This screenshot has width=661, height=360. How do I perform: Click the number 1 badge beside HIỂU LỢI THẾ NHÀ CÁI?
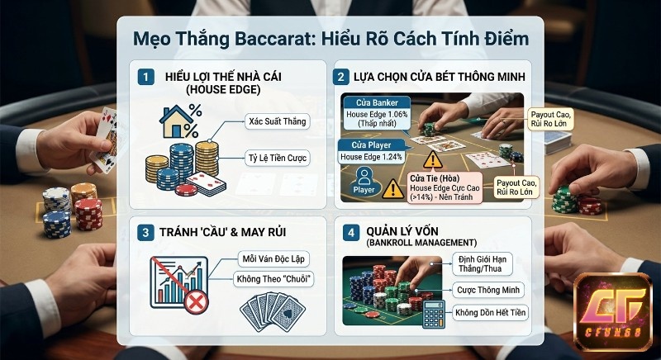click(x=146, y=77)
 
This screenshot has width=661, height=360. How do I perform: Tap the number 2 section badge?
click(x=340, y=77)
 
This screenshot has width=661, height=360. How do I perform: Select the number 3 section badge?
click(x=146, y=232)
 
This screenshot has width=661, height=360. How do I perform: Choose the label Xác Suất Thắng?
click(x=277, y=121)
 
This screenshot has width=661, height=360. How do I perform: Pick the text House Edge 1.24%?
click(x=372, y=156)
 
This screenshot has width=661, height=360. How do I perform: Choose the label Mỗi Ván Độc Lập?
click(x=273, y=258)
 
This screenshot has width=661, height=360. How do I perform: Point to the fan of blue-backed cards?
click(x=272, y=315)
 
